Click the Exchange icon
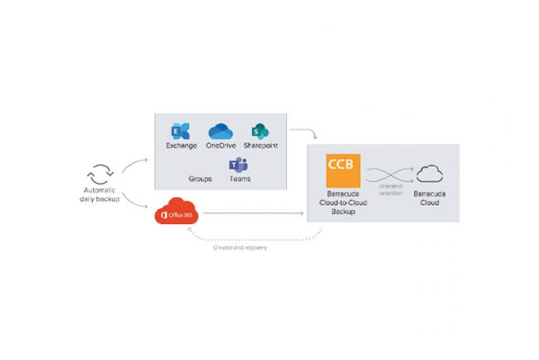coord(180,131)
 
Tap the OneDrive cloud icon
coord(221,131)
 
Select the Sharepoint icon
coord(260,131)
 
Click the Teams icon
coord(240,163)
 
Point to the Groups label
coord(200,178)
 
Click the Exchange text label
coord(180,147)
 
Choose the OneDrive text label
coord(221,147)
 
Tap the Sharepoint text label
coord(260,147)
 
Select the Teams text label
coord(240,178)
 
